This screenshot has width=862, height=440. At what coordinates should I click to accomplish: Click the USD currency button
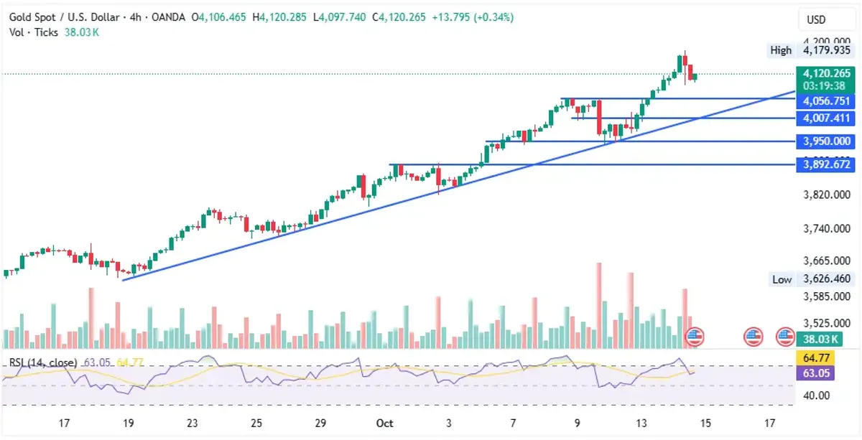(x=816, y=20)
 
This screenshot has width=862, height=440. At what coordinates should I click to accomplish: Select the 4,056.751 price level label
(x=826, y=101)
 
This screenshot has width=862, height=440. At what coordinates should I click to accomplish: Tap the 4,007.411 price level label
(x=826, y=118)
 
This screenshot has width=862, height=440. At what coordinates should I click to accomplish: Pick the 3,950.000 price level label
(x=826, y=141)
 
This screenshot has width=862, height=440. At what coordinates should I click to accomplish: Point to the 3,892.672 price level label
(x=826, y=164)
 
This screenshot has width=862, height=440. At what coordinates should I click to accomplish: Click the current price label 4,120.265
(x=827, y=73)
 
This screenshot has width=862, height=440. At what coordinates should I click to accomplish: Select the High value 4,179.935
(x=827, y=50)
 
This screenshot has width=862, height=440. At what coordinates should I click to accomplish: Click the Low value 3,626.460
(x=827, y=278)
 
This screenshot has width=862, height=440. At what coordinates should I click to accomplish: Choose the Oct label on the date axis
(x=385, y=423)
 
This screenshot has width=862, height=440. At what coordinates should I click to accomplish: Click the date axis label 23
(x=193, y=423)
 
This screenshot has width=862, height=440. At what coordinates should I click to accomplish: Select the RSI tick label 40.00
(x=817, y=395)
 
